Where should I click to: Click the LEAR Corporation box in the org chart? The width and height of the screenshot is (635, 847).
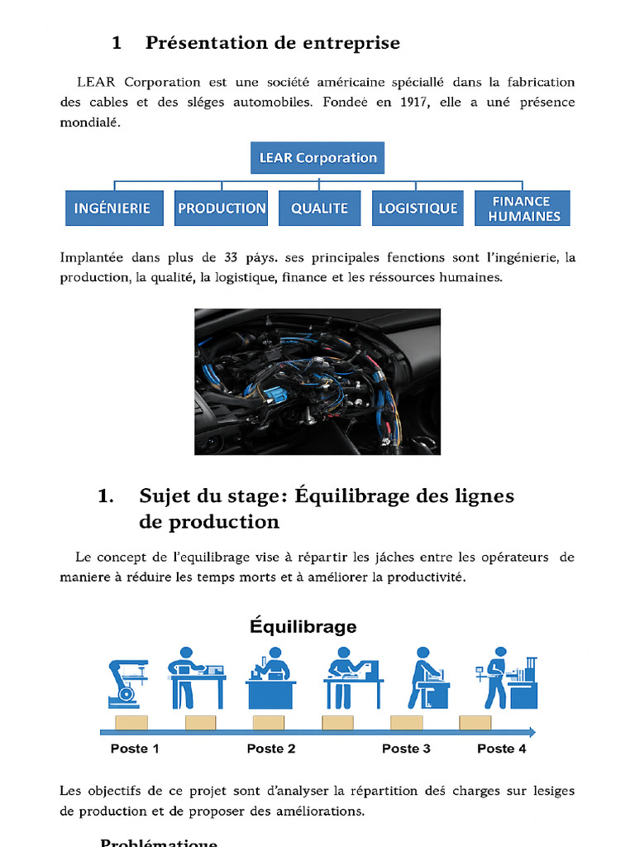[317, 158]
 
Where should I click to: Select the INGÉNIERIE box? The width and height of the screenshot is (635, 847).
[112, 208]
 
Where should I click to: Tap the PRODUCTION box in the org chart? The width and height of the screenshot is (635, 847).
[222, 208]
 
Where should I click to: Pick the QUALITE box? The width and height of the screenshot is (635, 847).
[319, 208]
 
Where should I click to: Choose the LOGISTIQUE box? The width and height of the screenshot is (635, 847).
[418, 208]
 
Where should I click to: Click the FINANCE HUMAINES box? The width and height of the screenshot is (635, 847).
[522, 208]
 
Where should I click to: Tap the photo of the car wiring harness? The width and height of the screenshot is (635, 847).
[317, 381]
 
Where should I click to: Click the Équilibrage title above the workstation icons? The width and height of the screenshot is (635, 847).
[303, 626]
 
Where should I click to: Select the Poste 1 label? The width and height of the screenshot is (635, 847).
[135, 749]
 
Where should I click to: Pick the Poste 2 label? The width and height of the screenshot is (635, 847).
[271, 749]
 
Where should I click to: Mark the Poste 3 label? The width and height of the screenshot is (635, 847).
[406, 749]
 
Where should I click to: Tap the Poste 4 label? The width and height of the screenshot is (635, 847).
[501, 749]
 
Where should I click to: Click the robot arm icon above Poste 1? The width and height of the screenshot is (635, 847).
[127, 683]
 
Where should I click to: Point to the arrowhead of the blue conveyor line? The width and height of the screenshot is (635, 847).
[532, 732]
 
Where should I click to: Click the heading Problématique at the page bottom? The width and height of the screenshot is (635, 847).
[159, 842]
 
